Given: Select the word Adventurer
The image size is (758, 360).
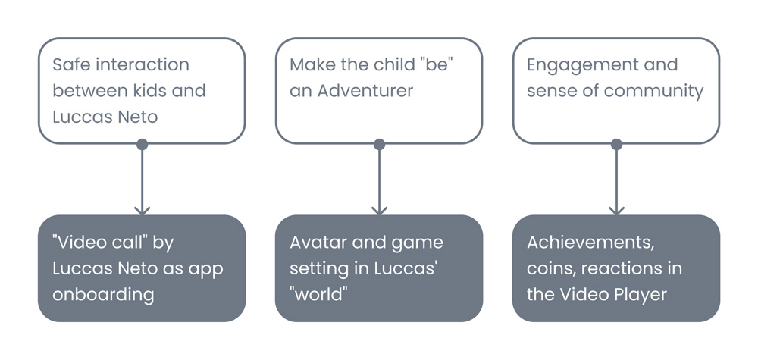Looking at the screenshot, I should coord(365,91).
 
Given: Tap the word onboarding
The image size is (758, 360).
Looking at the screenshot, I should coord(103,294).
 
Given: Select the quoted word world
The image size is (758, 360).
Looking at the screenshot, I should coord(318,294).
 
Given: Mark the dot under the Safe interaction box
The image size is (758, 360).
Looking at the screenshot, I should coord(142,144).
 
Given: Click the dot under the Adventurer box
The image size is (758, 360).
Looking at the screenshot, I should coord(379,144).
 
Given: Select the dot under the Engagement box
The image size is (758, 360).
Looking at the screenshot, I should coord(616,144).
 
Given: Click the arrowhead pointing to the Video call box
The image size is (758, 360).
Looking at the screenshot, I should coord(142,209).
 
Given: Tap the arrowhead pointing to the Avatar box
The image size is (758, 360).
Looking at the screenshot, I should coord(379,209).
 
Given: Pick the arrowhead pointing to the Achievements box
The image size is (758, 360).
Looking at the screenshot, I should coord(616,209).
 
